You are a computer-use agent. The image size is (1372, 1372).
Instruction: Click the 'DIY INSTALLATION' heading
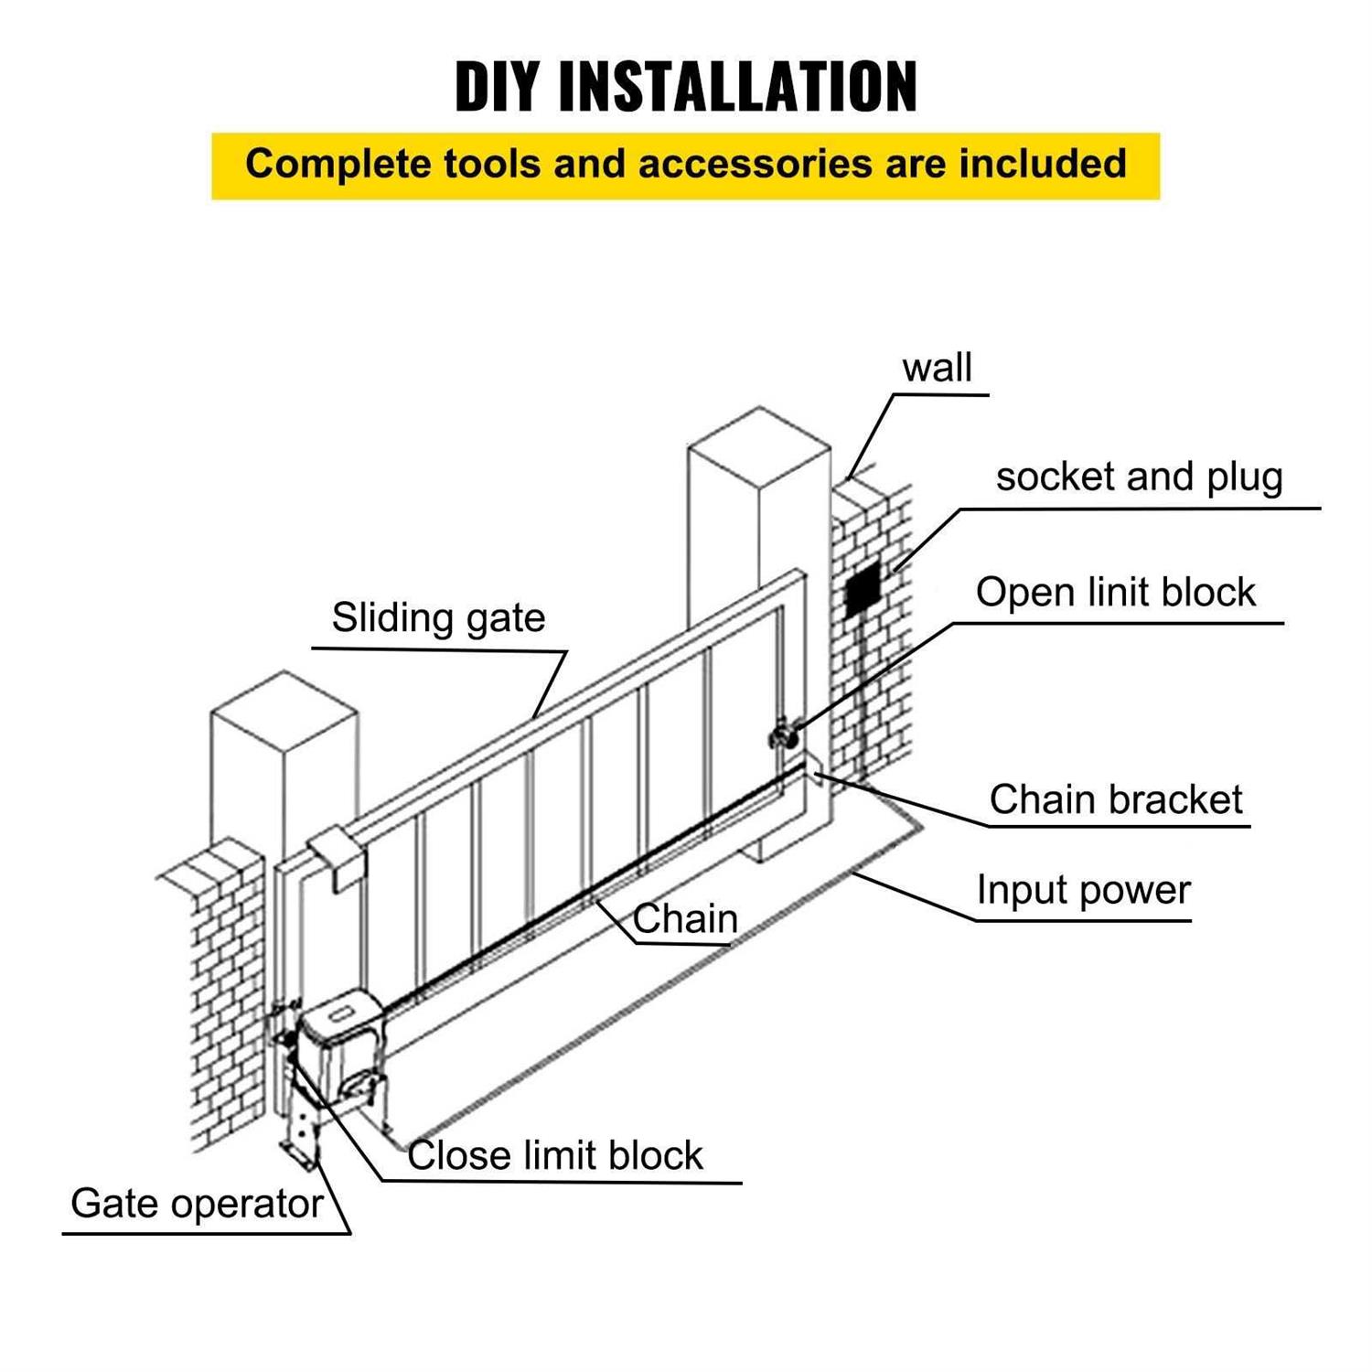685,87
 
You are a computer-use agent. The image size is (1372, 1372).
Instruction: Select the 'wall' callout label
937,368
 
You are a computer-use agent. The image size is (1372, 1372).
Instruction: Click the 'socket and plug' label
1139,477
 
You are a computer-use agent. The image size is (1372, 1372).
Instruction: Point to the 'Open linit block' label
1115,593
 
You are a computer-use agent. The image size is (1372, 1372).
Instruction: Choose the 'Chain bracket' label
1115,799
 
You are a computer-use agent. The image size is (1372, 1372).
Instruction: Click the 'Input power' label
1083,890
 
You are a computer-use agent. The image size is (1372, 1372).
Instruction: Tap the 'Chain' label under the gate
685,919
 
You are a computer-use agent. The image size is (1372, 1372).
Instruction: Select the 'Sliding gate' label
438,617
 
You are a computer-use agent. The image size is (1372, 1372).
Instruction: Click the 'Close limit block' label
555,1155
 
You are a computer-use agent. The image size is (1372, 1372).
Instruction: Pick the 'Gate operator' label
197,1204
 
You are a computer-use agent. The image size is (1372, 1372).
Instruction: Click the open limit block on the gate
783,735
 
